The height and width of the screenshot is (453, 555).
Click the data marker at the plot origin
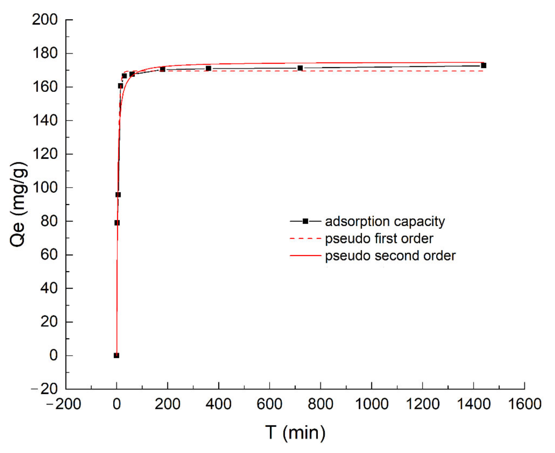tap(116, 356)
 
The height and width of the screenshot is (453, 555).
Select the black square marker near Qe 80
tap(117, 223)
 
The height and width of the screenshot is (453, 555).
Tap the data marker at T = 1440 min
tap(484, 66)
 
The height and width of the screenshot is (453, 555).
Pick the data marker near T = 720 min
tap(300, 68)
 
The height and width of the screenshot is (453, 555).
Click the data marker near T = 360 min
tap(208, 68)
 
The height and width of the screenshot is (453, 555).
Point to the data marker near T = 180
tap(162, 69)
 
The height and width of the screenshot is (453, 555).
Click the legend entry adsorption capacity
tap(385, 221)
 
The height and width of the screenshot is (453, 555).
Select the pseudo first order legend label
tap(379, 238)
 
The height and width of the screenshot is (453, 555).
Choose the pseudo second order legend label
tap(390, 256)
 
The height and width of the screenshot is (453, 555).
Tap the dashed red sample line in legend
tap(305, 238)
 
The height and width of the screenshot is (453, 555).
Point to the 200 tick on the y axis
tap(45, 20)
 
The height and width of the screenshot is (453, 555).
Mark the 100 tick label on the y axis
tap(45, 187)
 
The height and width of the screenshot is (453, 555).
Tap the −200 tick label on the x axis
tap(64, 404)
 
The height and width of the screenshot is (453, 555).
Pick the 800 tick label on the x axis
tap(320, 404)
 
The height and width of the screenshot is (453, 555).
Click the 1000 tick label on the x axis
tap(371, 404)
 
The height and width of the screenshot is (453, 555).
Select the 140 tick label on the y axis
tap(45, 120)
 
